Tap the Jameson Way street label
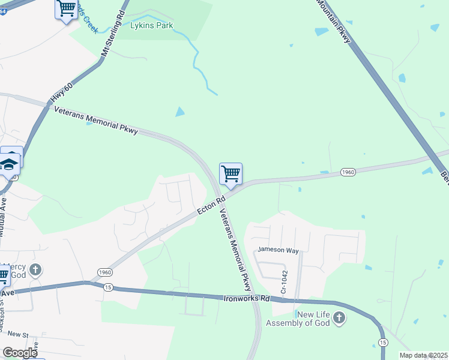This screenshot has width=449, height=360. click(278, 250)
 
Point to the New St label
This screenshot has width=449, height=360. click(18, 334)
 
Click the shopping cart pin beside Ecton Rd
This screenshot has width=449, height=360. click(231, 174)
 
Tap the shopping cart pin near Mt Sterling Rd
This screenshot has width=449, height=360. click(66, 9)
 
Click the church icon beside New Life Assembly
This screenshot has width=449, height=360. click(339, 317)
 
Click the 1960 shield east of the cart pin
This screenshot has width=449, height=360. click(348, 172)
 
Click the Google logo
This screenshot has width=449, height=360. click(20, 353)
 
